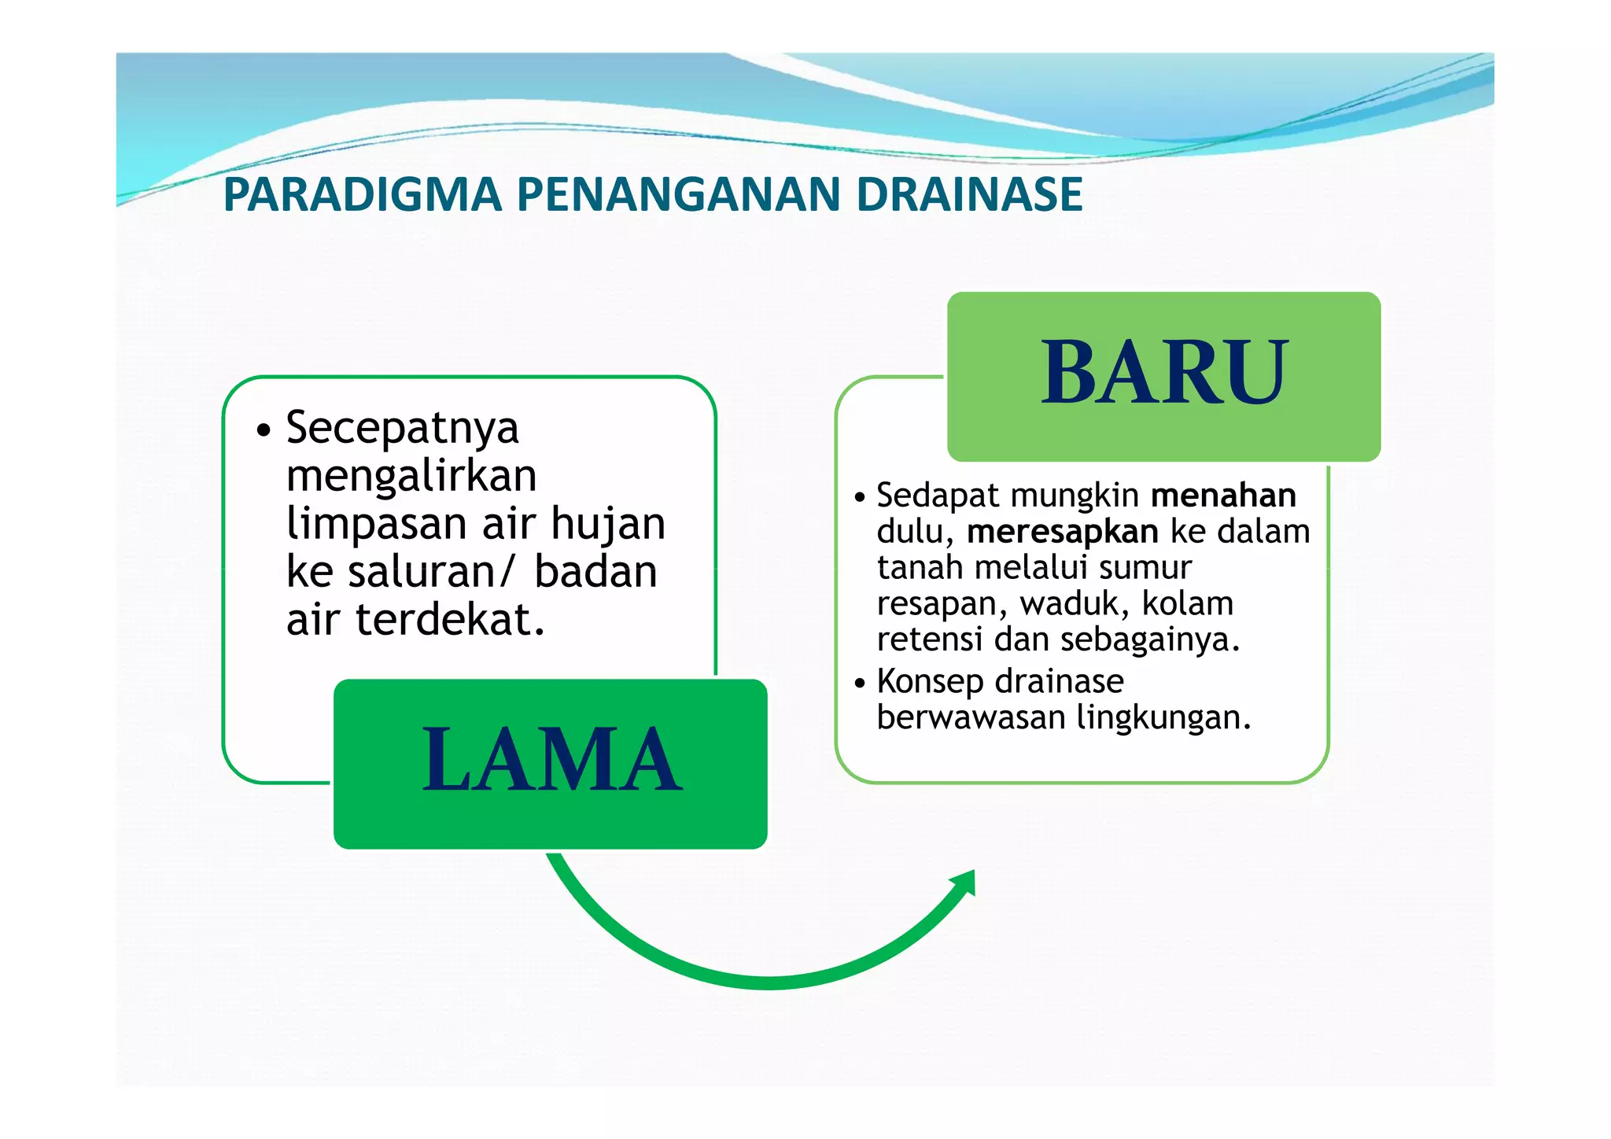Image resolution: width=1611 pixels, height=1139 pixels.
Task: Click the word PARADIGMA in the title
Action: coord(363,195)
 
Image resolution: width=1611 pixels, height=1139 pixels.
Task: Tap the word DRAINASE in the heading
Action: coord(969,195)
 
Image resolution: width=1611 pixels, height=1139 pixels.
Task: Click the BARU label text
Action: coord(1163,373)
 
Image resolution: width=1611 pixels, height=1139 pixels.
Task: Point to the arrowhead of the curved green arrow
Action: coord(964,883)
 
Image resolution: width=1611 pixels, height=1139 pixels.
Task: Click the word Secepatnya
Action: coord(402,429)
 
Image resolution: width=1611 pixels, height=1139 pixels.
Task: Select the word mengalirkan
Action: coord(411,477)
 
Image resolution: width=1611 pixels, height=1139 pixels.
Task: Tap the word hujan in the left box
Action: coord(607,525)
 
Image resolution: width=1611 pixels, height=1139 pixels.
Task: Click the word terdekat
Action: coord(450,620)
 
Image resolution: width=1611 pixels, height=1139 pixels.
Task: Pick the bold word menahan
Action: coord(1222,496)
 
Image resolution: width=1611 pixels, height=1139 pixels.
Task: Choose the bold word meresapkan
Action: coord(1062,532)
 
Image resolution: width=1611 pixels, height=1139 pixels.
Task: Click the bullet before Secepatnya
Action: coord(264,430)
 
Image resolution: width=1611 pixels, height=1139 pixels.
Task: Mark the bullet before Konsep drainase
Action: coord(860,683)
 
